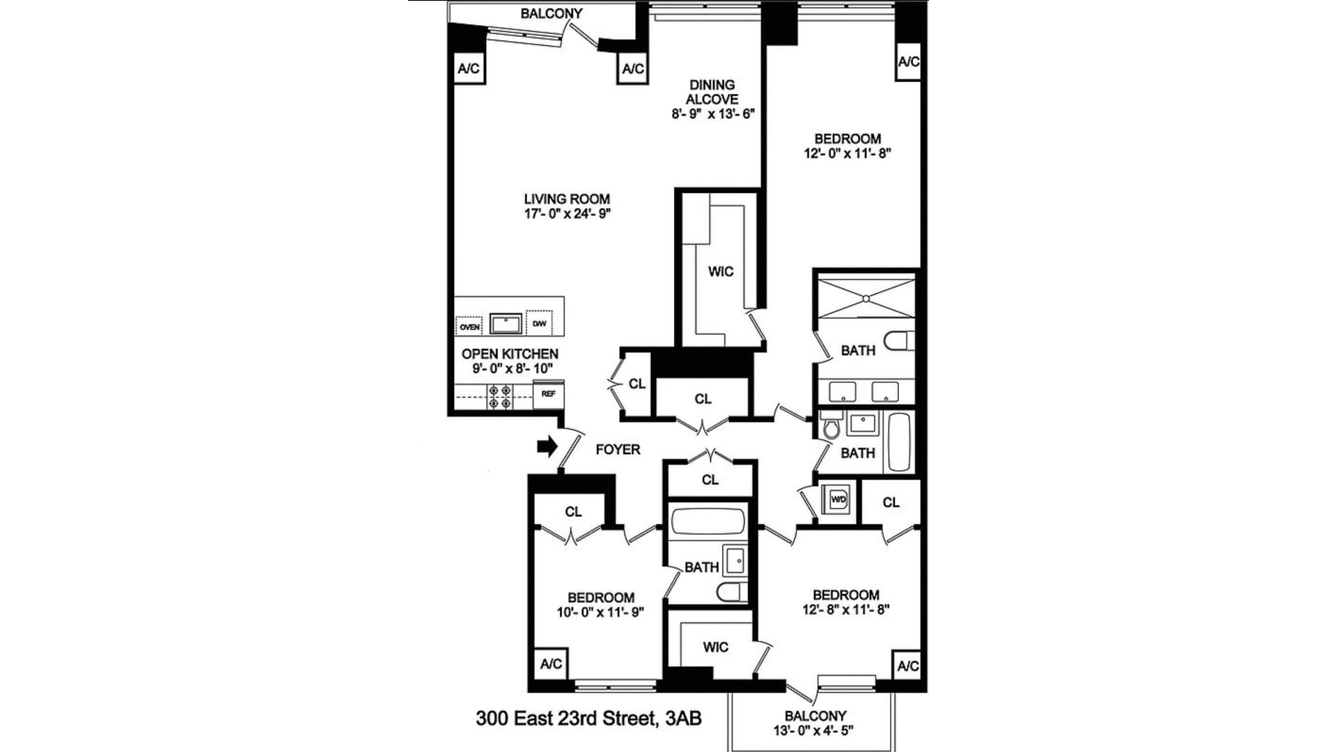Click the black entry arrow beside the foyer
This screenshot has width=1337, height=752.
(x=548, y=447)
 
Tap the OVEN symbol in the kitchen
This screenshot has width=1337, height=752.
(x=469, y=326)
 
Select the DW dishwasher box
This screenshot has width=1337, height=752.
(x=539, y=323)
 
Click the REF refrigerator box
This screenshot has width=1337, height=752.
(x=548, y=394)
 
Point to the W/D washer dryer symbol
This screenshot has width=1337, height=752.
(x=838, y=499)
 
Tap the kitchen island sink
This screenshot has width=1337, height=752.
(x=506, y=324)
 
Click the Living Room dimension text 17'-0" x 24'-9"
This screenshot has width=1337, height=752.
(x=567, y=214)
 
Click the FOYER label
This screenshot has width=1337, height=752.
(x=618, y=450)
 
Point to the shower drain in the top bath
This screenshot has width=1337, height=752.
(x=866, y=299)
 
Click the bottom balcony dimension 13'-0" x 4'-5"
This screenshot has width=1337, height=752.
(x=815, y=730)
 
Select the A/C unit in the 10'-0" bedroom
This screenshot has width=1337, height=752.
(x=551, y=664)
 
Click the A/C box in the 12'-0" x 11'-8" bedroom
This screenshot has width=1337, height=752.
(x=908, y=62)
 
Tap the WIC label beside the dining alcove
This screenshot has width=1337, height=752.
(x=721, y=272)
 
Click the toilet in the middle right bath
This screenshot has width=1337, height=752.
(x=831, y=425)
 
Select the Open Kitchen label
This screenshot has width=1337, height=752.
(x=510, y=354)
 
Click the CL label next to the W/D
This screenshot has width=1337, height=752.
(x=891, y=502)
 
